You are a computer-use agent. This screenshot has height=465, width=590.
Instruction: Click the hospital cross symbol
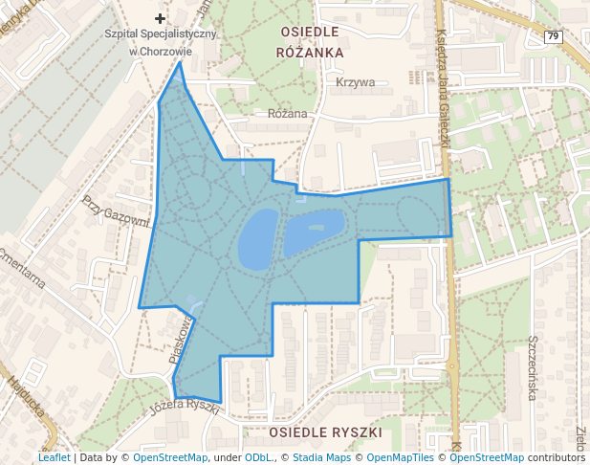160,18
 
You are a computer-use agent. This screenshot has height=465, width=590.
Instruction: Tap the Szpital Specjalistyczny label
161,34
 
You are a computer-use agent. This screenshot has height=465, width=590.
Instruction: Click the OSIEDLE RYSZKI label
325,432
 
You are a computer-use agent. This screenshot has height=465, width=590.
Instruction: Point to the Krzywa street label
356,82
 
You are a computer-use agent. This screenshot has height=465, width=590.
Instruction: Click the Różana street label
288,114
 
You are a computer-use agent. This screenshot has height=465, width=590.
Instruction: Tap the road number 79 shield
554,36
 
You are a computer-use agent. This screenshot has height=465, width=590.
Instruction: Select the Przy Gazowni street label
117,213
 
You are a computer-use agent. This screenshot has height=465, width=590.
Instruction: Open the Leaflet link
54,457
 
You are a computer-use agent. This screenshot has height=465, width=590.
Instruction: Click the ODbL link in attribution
257,457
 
